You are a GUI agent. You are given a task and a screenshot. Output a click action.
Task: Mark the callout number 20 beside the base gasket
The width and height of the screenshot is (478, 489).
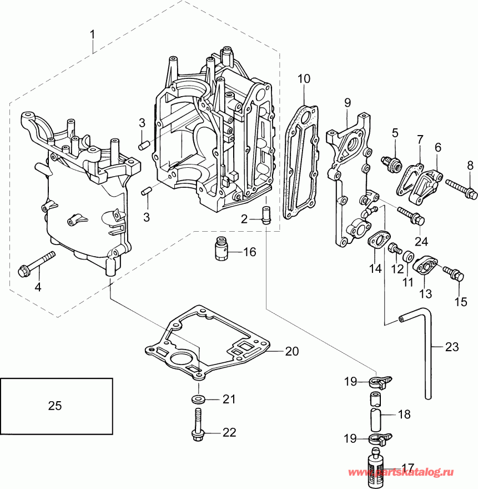click(292, 351)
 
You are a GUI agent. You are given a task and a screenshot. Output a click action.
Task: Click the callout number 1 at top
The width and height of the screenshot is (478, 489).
click(93, 34)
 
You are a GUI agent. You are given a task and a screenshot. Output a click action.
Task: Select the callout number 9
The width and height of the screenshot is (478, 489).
click(348, 102)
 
